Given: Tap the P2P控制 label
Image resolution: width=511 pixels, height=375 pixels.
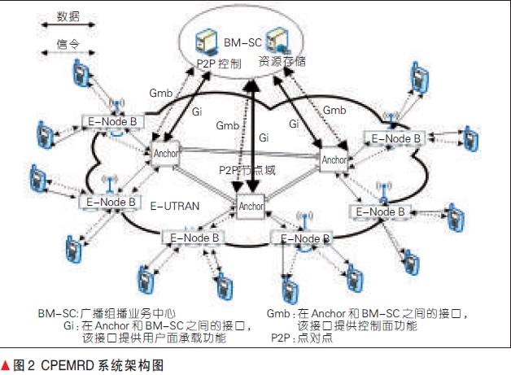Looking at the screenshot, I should [218, 63].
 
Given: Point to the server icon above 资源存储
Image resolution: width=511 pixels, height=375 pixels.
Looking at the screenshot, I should [281, 38].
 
